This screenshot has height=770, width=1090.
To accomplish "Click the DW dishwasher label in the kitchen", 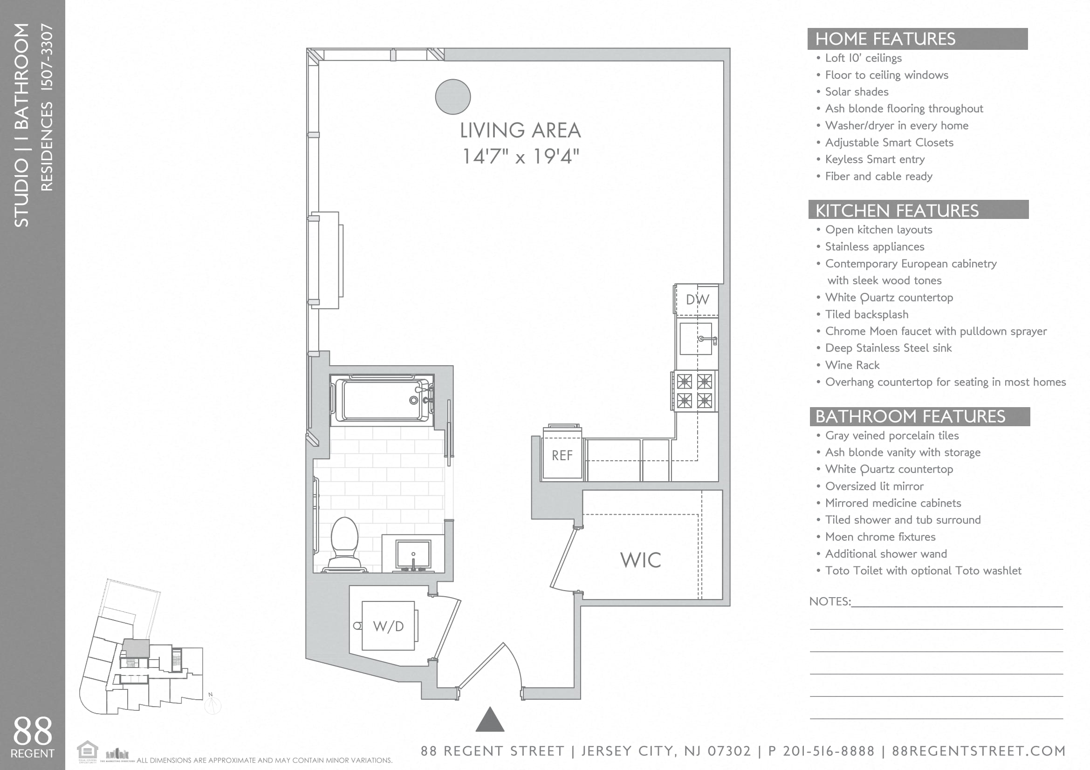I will click(697, 300).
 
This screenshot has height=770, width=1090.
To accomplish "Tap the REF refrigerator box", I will click(562, 456).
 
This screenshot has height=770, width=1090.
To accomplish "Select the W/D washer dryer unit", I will click(388, 626).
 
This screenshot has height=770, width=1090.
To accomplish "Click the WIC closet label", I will click(640, 560).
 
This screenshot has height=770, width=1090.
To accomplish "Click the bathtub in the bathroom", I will click(382, 400).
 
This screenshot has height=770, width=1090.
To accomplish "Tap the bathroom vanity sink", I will click(413, 554).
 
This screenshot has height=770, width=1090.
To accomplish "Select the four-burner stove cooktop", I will click(694, 391).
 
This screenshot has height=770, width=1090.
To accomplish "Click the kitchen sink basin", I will click(695, 339).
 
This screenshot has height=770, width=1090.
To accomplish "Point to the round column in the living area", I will click(452, 97).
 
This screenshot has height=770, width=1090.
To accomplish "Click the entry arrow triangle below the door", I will click(490, 720).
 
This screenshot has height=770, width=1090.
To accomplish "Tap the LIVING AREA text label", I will click(521, 130).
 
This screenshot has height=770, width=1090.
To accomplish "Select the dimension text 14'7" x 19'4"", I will click(521, 157).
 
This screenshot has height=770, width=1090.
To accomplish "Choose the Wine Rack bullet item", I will click(852, 365).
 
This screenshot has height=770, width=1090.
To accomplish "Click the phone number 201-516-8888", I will click(829, 751).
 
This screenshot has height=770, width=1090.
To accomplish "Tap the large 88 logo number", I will click(32, 731).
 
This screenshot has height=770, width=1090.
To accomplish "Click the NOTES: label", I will click(829, 601).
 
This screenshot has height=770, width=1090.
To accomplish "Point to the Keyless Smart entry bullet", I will click(874, 159).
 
